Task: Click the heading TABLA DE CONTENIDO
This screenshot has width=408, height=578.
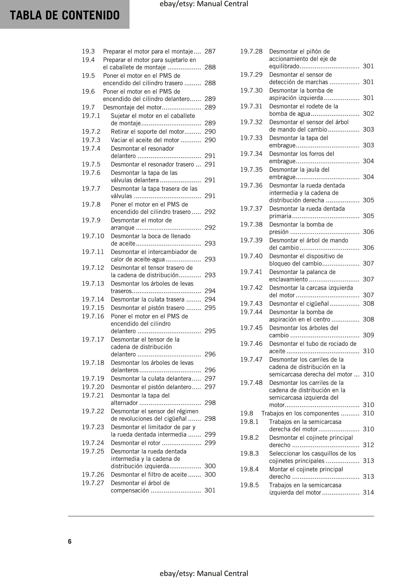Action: (x=65, y=15)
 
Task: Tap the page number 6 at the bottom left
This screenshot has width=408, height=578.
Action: (x=70, y=541)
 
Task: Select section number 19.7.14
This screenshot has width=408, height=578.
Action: (x=93, y=299)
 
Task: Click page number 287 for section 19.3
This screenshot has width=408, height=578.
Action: (x=210, y=51)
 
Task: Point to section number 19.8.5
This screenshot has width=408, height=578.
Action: (x=249, y=485)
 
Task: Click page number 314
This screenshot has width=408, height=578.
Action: (x=368, y=492)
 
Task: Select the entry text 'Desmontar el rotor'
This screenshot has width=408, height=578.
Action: (x=136, y=443)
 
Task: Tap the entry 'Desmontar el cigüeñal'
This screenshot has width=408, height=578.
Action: (x=299, y=304)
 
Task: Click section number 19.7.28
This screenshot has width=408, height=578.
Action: (x=251, y=51)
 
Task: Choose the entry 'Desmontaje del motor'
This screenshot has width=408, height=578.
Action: (x=132, y=107)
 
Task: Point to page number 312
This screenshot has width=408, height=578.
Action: (x=368, y=445)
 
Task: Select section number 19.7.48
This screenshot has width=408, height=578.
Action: (x=251, y=383)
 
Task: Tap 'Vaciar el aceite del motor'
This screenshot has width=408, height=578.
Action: (x=145, y=140)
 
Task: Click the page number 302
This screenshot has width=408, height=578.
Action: (x=368, y=114)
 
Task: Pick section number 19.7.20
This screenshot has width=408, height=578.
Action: (x=93, y=387)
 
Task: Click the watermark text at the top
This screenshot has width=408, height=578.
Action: (x=204, y=4)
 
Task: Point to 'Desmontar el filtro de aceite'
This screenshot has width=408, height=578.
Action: (x=149, y=475)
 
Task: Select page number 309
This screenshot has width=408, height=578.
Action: (x=368, y=335)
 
